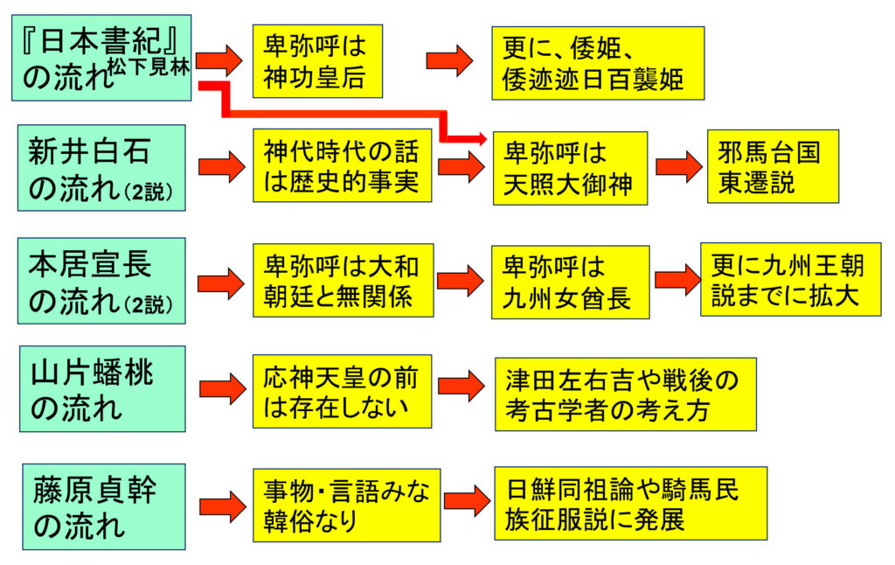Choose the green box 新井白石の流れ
click(x=101, y=167)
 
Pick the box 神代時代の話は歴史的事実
click(x=342, y=165)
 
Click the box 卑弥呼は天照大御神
click(x=570, y=168)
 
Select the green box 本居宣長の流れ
click(x=101, y=280)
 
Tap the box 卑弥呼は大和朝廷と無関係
click(x=342, y=280)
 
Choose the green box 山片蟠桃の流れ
click(x=101, y=388)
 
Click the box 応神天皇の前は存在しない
click(x=342, y=391)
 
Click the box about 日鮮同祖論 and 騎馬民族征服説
click(x=630, y=503)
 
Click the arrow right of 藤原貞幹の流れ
click(x=222, y=506)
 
